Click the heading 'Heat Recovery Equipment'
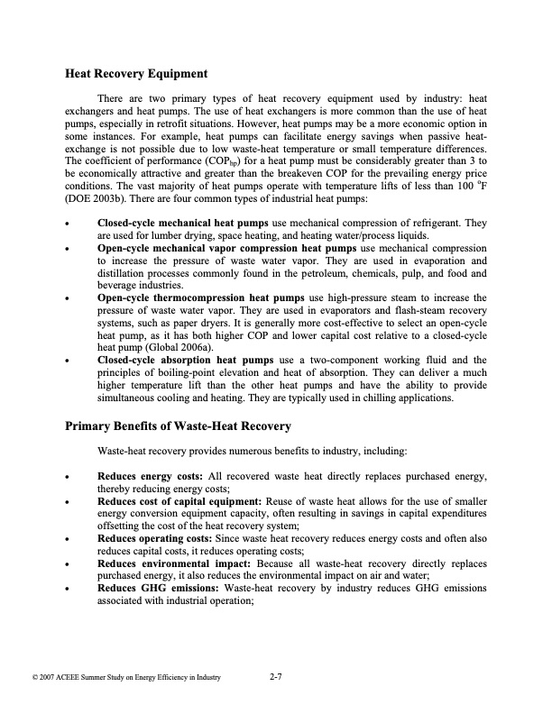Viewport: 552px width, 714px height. pyautogui.click(x=137, y=73)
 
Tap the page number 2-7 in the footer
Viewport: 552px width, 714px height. pyautogui.click(x=277, y=676)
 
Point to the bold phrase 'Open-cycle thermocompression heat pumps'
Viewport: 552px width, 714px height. pyautogui.click(x=200, y=296)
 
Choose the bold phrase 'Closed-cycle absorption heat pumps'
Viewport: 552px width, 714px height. pyautogui.click(x=185, y=359)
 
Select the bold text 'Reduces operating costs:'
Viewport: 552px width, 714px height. pyautogui.click(x=153, y=538)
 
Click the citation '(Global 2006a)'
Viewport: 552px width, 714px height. pyautogui.click(x=179, y=346)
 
